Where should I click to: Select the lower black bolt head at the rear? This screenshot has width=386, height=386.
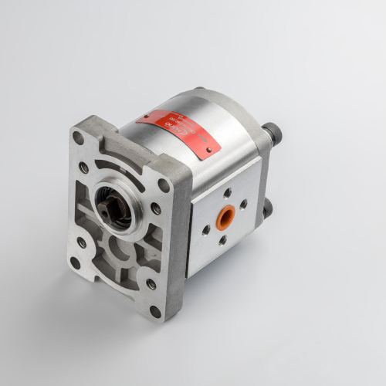coord(266,209)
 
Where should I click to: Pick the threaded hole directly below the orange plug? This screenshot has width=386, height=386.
coord(222,239)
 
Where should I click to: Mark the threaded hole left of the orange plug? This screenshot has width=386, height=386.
coord(205,229)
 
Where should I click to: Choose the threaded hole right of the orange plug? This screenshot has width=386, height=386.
coord(243,205)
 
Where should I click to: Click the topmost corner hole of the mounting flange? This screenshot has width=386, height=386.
coord(78,137)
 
